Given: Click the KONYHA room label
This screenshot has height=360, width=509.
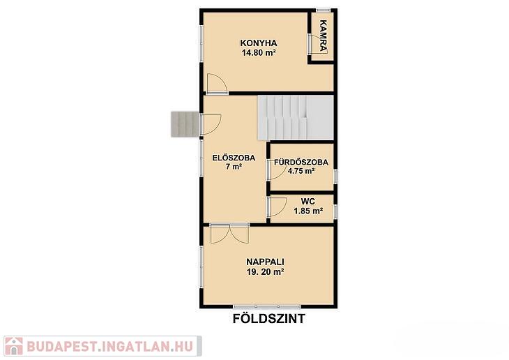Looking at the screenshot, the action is [x=259, y=43].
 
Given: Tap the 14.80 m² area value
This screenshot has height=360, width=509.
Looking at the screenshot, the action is [x=259, y=52].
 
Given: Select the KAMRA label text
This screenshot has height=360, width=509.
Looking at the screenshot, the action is [x=323, y=36].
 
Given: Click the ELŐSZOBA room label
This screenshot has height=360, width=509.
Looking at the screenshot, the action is [x=234, y=158].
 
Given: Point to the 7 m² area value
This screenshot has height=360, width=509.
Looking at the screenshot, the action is [x=234, y=167].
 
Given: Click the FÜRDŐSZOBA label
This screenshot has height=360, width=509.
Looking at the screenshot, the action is [x=301, y=162].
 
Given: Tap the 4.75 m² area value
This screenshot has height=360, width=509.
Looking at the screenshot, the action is [x=301, y=171].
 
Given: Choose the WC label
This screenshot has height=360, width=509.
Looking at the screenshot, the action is [x=307, y=202].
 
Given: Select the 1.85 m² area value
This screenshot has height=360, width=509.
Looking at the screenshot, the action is [x=308, y=211].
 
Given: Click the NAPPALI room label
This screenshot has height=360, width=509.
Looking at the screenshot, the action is [x=265, y=262].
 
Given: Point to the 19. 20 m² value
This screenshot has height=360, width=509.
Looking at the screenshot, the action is [x=265, y=272].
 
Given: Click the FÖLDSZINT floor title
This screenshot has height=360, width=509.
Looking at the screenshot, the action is [x=268, y=319].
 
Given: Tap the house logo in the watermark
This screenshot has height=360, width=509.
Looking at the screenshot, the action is [x=14, y=346].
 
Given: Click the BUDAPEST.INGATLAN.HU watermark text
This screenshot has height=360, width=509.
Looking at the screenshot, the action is [x=110, y=346].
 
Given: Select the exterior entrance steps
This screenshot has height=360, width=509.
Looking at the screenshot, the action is [x=185, y=124].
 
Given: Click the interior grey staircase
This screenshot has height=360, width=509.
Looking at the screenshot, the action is [x=296, y=118].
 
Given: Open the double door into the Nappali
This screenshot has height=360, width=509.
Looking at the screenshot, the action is [x=229, y=233].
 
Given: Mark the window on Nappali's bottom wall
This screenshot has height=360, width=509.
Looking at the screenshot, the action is [x=267, y=306].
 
